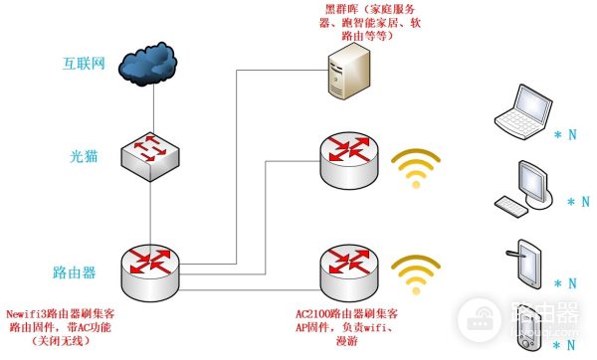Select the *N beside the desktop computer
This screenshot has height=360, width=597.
(576, 203)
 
